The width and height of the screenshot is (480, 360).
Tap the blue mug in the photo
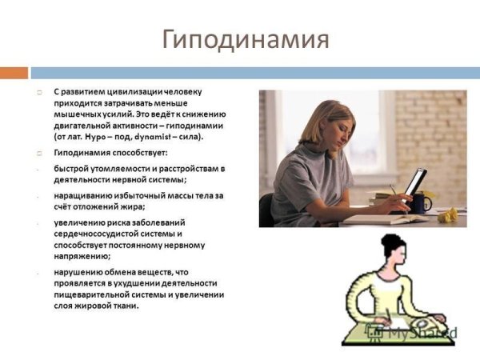(421, 203)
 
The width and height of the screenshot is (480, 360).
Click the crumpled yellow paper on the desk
(450, 214)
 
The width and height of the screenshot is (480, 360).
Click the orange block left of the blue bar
(14, 73)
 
